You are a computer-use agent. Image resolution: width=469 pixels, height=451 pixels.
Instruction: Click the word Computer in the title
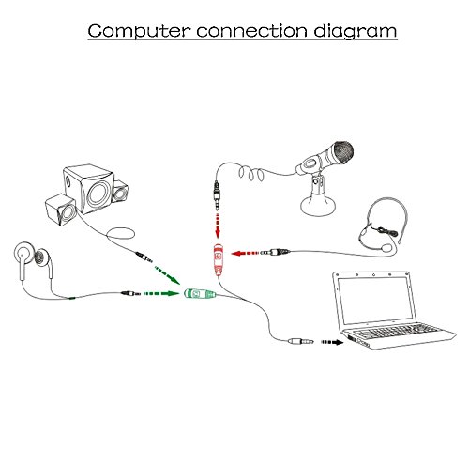tap(139, 31)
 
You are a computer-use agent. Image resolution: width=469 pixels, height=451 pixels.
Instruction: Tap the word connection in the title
tap(252, 31)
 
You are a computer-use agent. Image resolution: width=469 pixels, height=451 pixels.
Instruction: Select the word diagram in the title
tap(356, 32)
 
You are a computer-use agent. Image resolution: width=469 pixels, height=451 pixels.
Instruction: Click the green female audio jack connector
tap(200, 294)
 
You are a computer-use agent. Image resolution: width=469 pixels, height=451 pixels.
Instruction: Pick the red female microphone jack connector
tap(219, 259)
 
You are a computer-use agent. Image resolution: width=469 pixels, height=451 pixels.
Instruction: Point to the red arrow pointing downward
tap(218, 225)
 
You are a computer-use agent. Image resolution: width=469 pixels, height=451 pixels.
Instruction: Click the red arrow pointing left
tap(245, 253)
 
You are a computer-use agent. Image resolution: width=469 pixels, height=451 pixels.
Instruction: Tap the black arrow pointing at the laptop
tap(332, 342)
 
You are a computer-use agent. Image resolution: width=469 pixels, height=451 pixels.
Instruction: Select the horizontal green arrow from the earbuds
tap(160, 293)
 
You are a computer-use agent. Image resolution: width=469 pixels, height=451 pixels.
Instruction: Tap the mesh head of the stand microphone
tap(342, 153)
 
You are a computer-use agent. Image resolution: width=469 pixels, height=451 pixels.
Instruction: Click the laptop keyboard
tap(399, 332)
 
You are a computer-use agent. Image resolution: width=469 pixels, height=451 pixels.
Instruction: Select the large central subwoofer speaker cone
tap(98, 194)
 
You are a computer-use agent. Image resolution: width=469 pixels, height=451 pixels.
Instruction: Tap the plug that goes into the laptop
tap(301, 341)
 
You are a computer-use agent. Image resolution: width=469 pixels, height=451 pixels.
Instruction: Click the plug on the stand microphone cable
tap(217, 195)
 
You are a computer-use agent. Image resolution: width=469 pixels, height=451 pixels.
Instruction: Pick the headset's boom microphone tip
tap(387, 248)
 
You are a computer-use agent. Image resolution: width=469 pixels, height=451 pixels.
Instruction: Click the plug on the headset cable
tap(276, 252)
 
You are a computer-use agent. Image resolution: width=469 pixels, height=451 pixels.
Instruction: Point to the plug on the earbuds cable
tap(131, 293)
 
